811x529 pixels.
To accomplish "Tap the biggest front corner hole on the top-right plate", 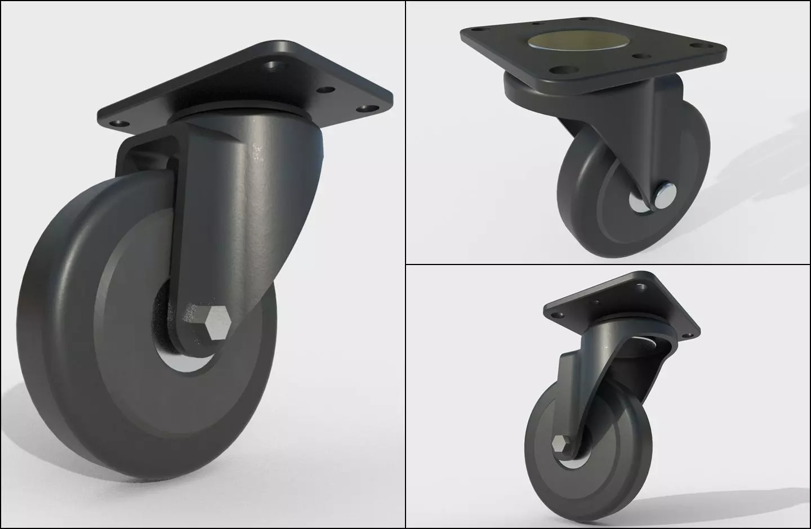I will click(559, 70).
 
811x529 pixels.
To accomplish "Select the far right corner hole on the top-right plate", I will click(704, 43).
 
